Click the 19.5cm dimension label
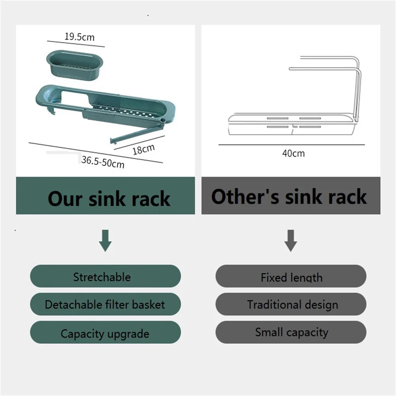[x=80, y=37]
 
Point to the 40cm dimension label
[x=293, y=153]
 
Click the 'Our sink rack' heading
[x=109, y=198]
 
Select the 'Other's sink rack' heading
[x=289, y=196]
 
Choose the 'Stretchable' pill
[x=105, y=276]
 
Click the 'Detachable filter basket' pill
[x=105, y=305]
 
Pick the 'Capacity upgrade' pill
[x=105, y=333]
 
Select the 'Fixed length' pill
[x=291, y=277]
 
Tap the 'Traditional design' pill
[x=291, y=305]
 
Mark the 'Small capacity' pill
[x=291, y=332]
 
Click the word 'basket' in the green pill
[x=148, y=305]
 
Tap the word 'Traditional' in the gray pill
[x=268, y=305]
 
